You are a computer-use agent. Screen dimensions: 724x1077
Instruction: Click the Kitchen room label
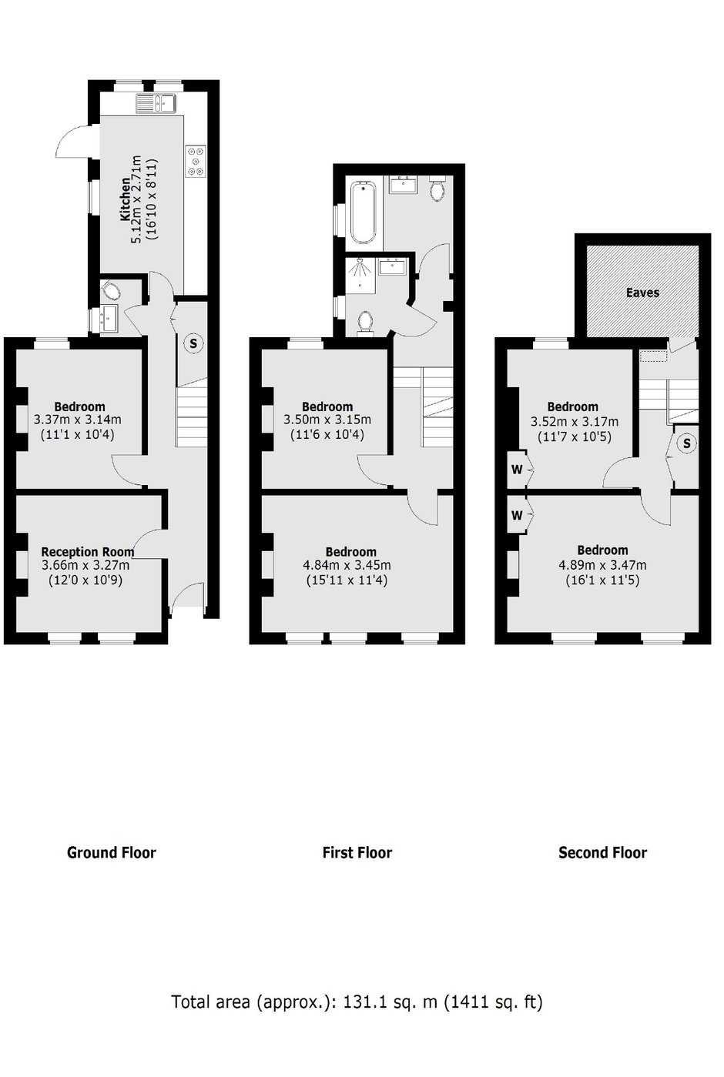coord(124,199)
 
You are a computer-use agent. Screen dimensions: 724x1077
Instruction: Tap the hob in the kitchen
coord(196,161)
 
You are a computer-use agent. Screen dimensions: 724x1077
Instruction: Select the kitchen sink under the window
coord(156,103)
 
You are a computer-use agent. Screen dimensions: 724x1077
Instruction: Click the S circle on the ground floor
coord(194,344)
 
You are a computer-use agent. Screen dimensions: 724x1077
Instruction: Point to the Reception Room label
coord(88,551)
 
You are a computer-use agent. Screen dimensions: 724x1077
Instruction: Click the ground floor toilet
coord(111,290)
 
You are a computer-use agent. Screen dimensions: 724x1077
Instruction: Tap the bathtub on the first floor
coord(364,212)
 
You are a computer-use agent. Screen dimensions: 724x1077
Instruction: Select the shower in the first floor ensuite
coord(360,275)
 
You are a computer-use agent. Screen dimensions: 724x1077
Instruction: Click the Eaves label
coord(642,293)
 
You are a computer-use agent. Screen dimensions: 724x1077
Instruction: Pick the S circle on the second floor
coord(686,443)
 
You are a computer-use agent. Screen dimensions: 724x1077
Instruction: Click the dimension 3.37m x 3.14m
coord(78,420)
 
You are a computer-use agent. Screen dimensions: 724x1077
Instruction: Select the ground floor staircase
coord(192,412)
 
